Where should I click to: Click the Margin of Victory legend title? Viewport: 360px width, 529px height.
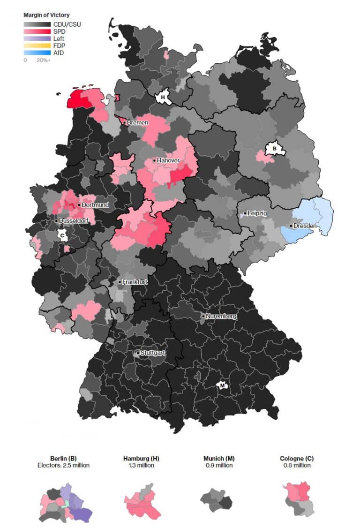[46, 15]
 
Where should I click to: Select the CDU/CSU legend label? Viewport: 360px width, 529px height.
[67, 24]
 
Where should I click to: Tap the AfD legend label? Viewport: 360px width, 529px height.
[59, 53]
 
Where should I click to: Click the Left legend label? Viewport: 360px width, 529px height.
[59, 38]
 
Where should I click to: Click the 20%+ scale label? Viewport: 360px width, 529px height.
[44, 60]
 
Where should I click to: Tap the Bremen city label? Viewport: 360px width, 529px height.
[137, 122]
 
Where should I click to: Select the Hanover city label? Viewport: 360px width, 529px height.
[168, 160]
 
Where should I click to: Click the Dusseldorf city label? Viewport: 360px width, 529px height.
[74, 220]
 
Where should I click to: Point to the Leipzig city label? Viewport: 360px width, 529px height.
[257, 213]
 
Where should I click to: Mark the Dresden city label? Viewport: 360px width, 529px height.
[305, 226]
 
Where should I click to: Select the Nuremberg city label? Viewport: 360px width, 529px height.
[221, 317]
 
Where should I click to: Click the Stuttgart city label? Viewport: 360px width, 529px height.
[152, 353]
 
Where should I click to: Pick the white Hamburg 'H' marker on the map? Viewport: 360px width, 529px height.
[163, 98]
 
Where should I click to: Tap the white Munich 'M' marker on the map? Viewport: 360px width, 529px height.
[223, 385]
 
